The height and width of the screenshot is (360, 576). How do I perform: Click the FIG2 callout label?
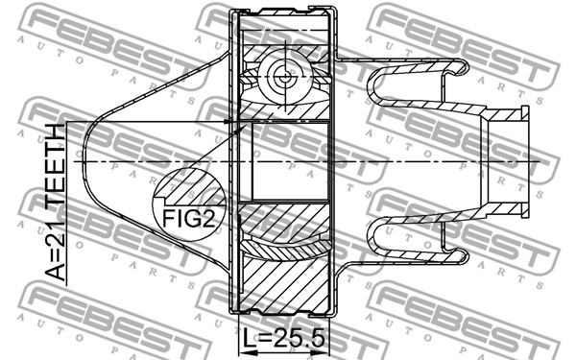click(188, 218)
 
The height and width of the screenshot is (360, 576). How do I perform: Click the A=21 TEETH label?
click(56, 203)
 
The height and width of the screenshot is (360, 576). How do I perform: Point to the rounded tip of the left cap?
click(84, 162)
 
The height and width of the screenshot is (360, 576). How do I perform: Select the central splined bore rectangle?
click(290, 161)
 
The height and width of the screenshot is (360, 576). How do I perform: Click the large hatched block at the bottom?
click(285, 285)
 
